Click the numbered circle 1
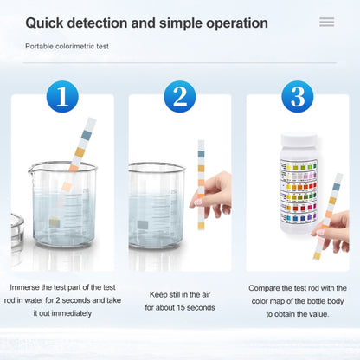coord(62,95)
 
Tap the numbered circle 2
coord(179,95)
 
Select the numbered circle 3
coord(297,95)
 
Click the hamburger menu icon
coord(326,22)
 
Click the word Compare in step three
coord(265,287)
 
